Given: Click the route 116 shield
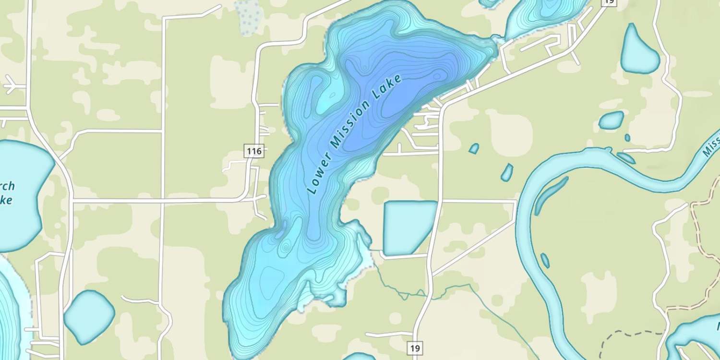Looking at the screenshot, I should point(253,152).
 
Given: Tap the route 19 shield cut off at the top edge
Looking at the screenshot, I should point(609,2).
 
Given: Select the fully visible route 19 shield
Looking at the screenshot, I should point(416,347).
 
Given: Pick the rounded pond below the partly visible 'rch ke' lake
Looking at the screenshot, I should point(89,317).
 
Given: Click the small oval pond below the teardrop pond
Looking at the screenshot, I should point(612,120).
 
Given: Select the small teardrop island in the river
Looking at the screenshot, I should point(545,260).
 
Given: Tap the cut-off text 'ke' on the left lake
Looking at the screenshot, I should point(6,201).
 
